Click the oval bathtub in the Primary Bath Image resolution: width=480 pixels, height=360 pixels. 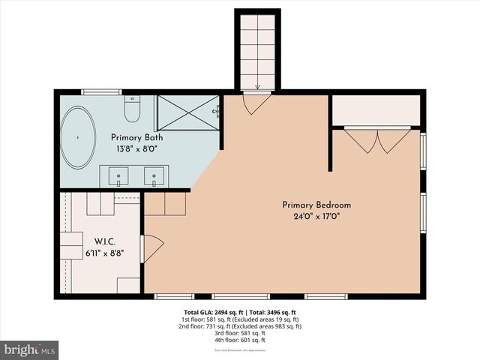[x=78, y=139]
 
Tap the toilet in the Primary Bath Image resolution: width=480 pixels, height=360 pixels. [x=132, y=111]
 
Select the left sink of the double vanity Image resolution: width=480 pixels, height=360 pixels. [x=118, y=177]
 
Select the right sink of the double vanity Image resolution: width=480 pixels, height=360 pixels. [x=154, y=177]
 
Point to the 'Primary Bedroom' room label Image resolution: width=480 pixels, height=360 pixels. [x=316, y=205]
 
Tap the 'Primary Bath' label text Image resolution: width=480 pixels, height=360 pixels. [x=137, y=138]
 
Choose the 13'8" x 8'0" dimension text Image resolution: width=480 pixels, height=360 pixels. [x=137, y=149]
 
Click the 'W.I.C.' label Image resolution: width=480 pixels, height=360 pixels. [x=104, y=241]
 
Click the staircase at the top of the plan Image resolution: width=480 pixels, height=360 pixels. [x=257, y=49]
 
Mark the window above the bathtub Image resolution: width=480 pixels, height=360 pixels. [x=101, y=91]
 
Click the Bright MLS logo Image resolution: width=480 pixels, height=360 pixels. [x=30, y=350]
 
